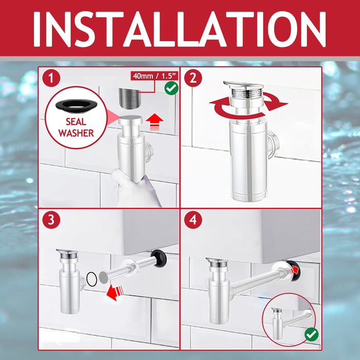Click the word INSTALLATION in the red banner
coord(179,29)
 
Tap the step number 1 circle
coord(51,78)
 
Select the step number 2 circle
coord(193,78)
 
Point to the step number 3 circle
coord(51,220)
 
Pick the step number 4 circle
coord(193,220)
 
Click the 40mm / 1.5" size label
coord(155,76)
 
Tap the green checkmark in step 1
coord(171,88)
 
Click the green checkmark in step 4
coord(312,334)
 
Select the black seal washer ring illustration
coord(77,105)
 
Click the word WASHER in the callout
coord(76,133)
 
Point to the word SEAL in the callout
coord(76,122)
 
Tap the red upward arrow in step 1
coord(154,122)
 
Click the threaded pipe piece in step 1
coord(129,98)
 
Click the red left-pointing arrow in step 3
coord(115,292)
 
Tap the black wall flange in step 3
coord(158,258)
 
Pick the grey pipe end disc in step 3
coord(103,277)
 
